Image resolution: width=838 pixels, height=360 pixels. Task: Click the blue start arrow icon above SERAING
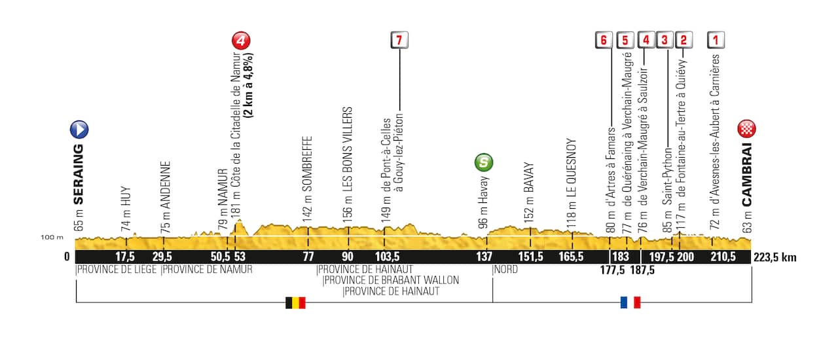tap(79, 129)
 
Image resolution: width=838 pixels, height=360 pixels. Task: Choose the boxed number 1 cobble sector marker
tap(716, 40)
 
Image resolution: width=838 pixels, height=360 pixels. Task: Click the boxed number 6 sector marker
tap(604, 40)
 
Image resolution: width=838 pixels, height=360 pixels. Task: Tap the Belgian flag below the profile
tap(295, 302)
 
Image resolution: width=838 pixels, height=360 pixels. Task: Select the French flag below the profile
tap(630, 302)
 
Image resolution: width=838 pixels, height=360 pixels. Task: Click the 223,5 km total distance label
tap(775, 257)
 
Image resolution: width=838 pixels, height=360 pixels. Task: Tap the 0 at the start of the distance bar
tap(67, 257)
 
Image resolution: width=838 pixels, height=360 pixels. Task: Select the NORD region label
tap(507, 269)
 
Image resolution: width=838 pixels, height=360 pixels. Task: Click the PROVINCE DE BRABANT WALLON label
tap(391, 280)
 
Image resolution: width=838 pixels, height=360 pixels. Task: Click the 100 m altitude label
tap(53, 237)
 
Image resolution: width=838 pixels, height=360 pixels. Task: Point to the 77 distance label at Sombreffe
tap(308, 257)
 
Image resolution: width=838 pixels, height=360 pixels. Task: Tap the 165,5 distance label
tap(571, 257)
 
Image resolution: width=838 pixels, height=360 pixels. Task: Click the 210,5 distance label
tap(723, 257)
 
